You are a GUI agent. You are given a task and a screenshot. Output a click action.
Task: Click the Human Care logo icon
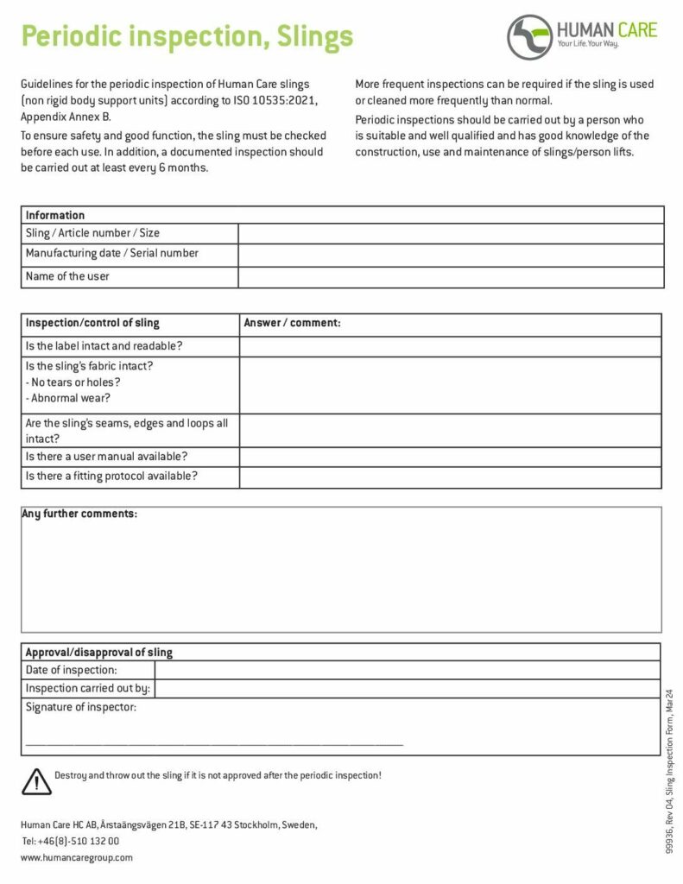pos(529,36)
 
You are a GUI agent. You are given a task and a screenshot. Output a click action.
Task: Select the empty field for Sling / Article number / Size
pos(451,233)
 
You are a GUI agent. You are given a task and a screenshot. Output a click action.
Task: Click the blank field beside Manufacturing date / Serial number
pos(451,254)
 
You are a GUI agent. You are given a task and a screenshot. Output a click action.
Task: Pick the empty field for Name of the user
pos(451,277)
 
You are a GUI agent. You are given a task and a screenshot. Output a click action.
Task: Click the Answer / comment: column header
pos(292,323)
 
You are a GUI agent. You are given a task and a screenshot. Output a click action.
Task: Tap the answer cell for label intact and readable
pos(450,346)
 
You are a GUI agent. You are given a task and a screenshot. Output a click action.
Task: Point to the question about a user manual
pos(107,457)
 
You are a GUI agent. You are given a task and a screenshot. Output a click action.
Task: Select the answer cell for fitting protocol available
pos(450,477)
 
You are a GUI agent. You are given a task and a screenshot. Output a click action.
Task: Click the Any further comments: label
pos(79,515)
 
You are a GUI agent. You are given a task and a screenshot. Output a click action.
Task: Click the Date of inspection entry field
pos(407,670)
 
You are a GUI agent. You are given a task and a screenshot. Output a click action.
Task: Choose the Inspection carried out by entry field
pos(407,689)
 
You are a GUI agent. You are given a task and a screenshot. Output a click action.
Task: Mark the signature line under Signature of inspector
pos(214,742)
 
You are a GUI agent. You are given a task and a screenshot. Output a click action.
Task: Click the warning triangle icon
pos(36,780)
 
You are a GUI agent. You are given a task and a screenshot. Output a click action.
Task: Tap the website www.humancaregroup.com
pos(77,858)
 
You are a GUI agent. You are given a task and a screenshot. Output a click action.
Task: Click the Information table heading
pos(55,215)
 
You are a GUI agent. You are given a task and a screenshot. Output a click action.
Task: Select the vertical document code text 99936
pos(669,843)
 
